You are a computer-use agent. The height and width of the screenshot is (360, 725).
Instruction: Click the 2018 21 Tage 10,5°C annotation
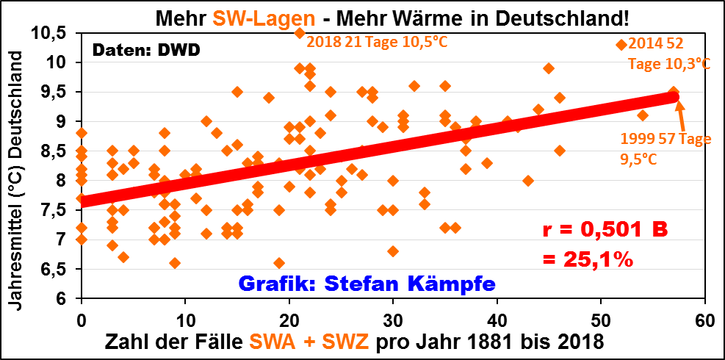pyautogui.click(x=377, y=42)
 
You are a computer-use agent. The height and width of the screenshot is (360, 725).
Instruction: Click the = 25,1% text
pyautogui.click(x=588, y=259)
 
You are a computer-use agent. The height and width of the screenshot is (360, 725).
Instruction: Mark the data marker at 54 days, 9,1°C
pyautogui.click(x=643, y=115)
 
